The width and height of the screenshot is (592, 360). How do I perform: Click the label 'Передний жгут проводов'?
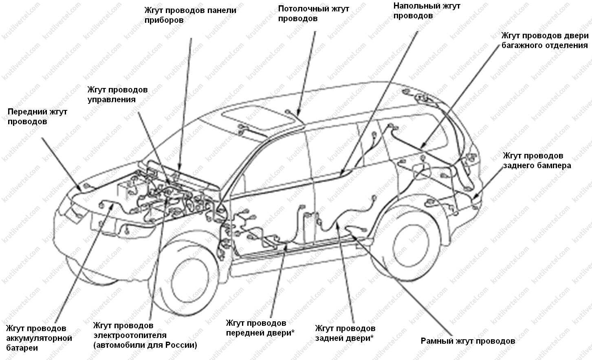pyautogui.click(x=37, y=116)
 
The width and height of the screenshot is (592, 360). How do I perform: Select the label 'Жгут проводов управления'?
pyautogui.click(x=117, y=94)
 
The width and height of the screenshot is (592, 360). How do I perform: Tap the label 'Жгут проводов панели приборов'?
pyautogui.click(x=190, y=15)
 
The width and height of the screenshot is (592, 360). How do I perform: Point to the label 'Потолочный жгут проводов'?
pyautogui.click(x=313, y=14)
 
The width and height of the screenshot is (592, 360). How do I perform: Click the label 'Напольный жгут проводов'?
pyautogui.click(x=427, y=11)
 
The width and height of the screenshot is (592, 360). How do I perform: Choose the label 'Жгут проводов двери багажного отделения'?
pyautogui.click(x=545, y=40)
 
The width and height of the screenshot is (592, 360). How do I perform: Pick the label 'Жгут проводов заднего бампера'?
pyautogui.click(x=537, y=160)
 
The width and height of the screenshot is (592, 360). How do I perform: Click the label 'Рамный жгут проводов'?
pyautogui.click(x=468, y=341)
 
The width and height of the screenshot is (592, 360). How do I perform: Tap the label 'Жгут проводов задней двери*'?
pyautogui.click(x=345, y=333)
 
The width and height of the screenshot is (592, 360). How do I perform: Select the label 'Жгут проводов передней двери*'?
pyautogui.click(x=260, y=328)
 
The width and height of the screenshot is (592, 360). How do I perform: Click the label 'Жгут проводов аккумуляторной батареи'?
pyautogui.click(x=39, y=338)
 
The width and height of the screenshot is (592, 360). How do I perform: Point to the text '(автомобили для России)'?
pyautogui.click(x=145, y=345)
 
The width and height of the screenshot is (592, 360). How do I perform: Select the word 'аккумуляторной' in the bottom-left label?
pyautogui.click(x=39, y=338)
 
